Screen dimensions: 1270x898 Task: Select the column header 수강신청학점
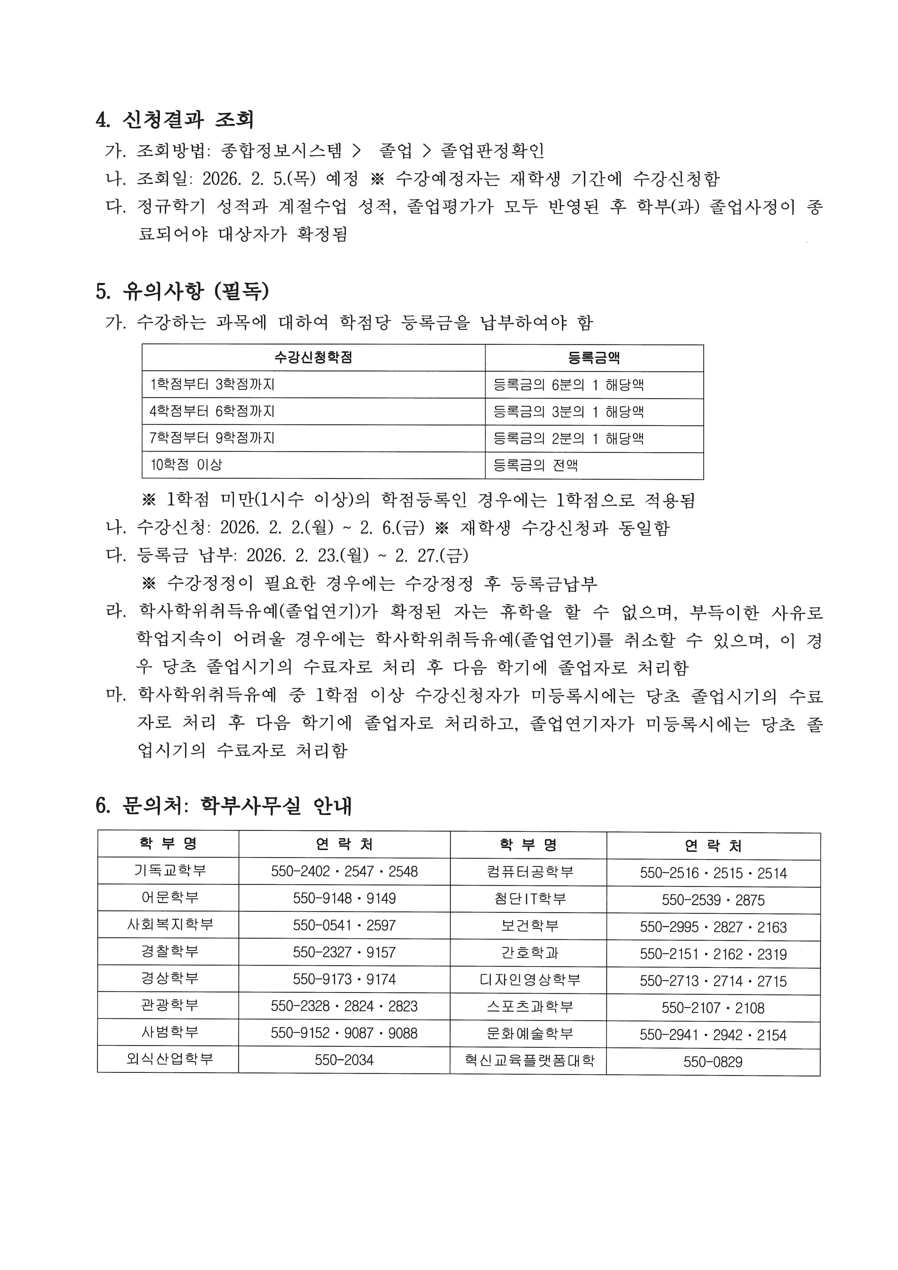click(313, 357)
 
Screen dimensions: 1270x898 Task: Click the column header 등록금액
click(594, 357)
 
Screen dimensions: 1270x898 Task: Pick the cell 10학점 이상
click(186, 465)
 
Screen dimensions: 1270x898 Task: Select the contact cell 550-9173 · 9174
click(344, 979)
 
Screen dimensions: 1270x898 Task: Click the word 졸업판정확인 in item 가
click(492, 151)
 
